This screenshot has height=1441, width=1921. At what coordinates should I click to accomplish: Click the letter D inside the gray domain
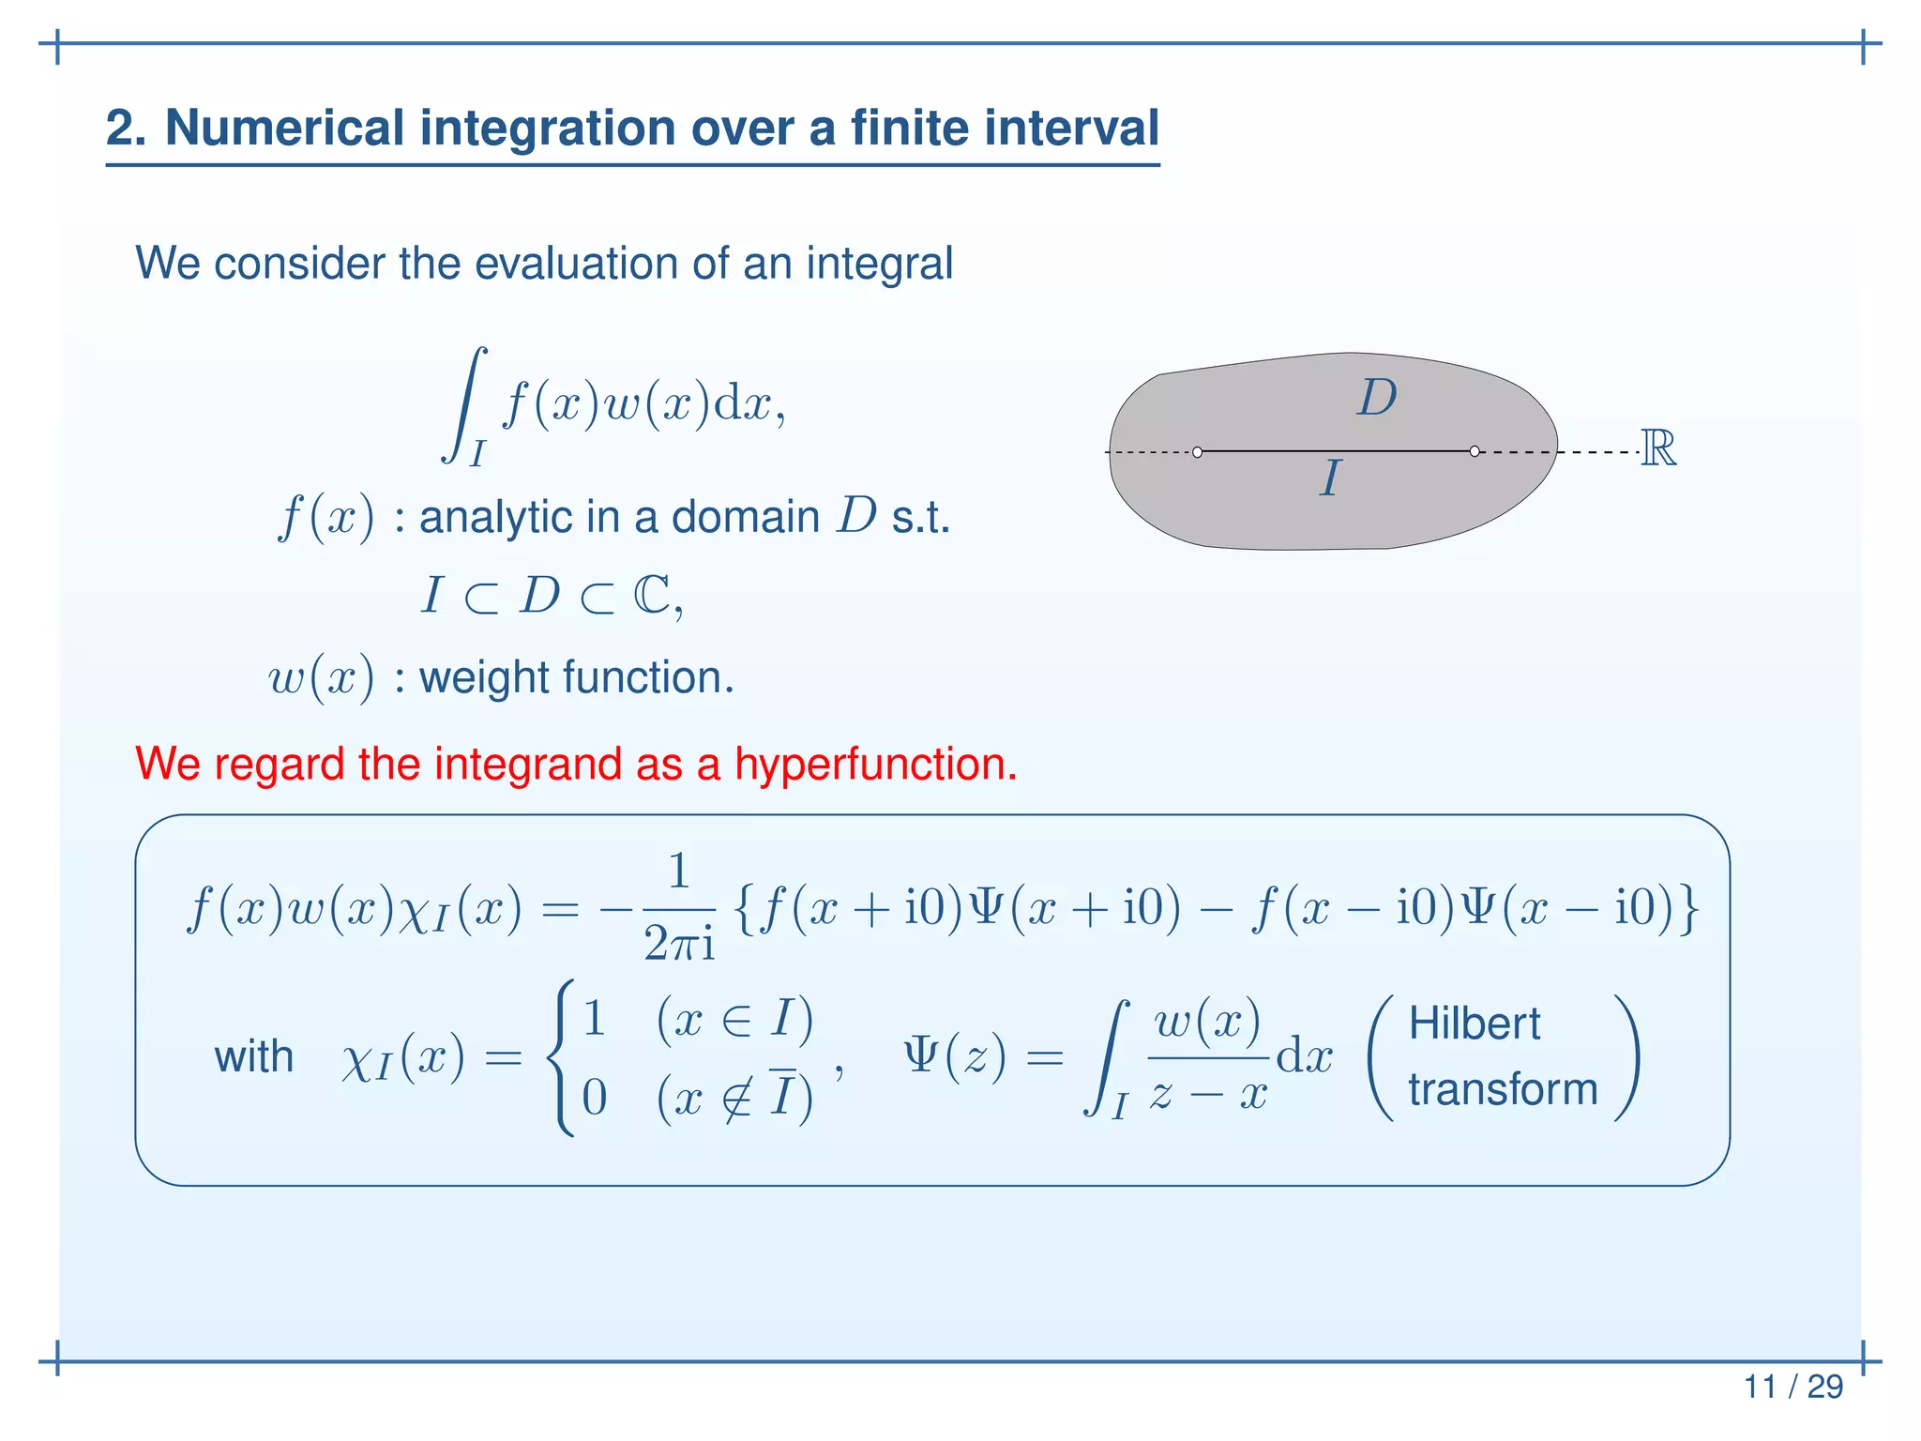coord(1376,398)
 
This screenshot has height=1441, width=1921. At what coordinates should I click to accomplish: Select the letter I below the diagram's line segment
coord(1330,478)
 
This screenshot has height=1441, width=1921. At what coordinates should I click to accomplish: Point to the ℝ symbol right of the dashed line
coord(1657,448)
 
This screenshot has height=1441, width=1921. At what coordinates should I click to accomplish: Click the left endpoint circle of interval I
coord(1197,452)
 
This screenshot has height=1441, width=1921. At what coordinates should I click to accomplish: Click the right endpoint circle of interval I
coord(1475,451)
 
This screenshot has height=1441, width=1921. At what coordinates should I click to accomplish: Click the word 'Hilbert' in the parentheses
coord(1474,1024)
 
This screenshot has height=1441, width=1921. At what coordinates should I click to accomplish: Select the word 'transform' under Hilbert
coord(1503,1089)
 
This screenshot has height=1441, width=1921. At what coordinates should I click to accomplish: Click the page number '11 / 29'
coord(1792,1386)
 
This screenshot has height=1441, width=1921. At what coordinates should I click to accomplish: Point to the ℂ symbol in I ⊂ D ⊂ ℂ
coord(653,595)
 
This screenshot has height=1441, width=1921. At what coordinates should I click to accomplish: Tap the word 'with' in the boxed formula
coord(253,1057)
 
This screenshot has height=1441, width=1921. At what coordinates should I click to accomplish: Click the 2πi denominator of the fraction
coord(679,944)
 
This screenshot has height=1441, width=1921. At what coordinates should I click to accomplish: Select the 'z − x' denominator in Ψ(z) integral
coord(1208,1094)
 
